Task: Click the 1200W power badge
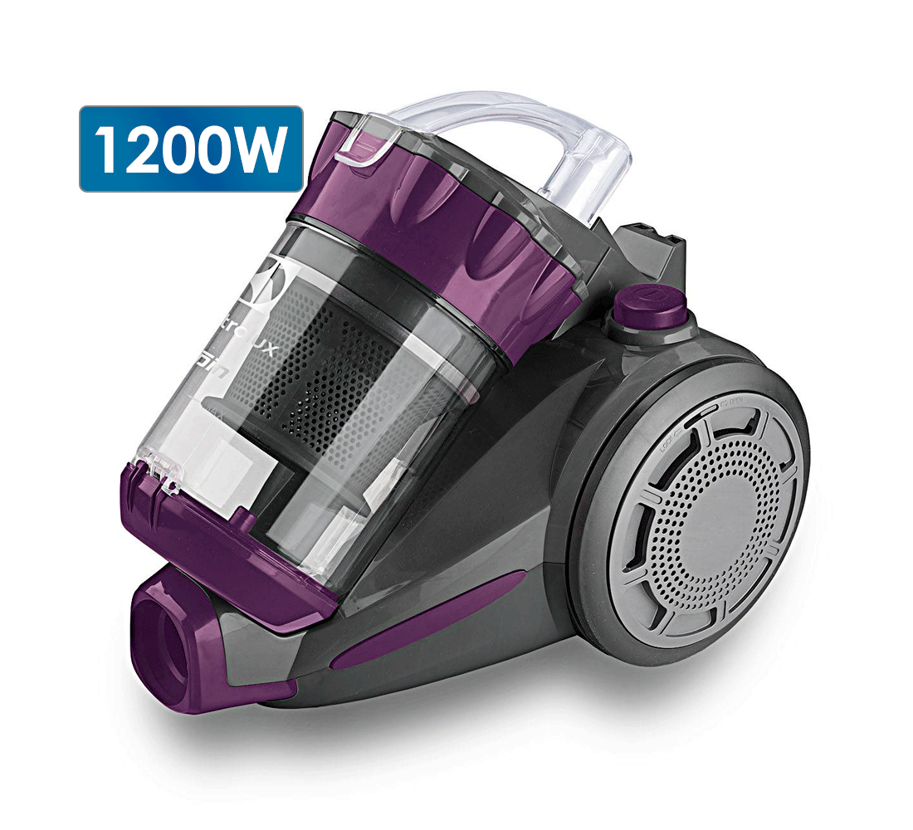191,149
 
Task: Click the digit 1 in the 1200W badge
106,150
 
